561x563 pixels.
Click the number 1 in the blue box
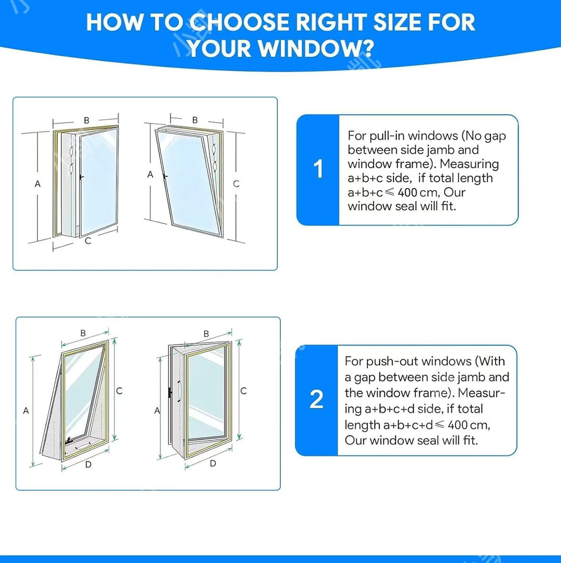318,169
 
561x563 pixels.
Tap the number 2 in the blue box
316,399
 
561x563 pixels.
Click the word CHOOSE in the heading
239,22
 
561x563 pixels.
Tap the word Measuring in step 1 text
469,164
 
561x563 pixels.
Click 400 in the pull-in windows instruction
407,193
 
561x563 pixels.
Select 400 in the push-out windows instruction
458,425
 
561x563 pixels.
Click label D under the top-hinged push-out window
88,465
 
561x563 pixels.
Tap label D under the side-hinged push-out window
213,464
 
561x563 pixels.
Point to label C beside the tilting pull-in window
236,184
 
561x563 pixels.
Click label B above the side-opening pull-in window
87,120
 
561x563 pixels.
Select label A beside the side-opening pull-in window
37,184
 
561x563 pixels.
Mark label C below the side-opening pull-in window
88,241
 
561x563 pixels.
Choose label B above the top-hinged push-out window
83,333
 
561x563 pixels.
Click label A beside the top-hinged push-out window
26,410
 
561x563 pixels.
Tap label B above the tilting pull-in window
195,120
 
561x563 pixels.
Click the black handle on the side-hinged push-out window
170,393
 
